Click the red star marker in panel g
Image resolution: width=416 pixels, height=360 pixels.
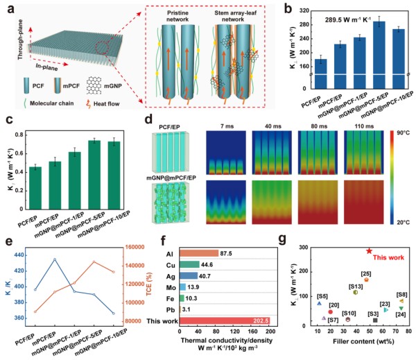(369, 250)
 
